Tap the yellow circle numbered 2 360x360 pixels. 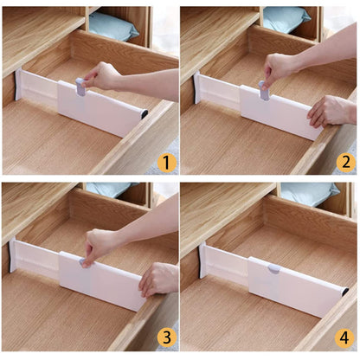point(345,162)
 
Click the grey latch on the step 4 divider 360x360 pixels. point(273,269)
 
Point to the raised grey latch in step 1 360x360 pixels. point(80,86)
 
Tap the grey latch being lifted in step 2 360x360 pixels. point(262,87)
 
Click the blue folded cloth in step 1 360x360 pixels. point(113,26)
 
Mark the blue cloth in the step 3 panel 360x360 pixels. point(107,188)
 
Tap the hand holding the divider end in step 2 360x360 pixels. point(331,110)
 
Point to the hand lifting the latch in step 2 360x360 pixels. point(282,67)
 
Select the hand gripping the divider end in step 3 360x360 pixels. point(160,279)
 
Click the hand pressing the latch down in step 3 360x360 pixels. point(103,244)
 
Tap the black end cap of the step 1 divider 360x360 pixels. point(145,114)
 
